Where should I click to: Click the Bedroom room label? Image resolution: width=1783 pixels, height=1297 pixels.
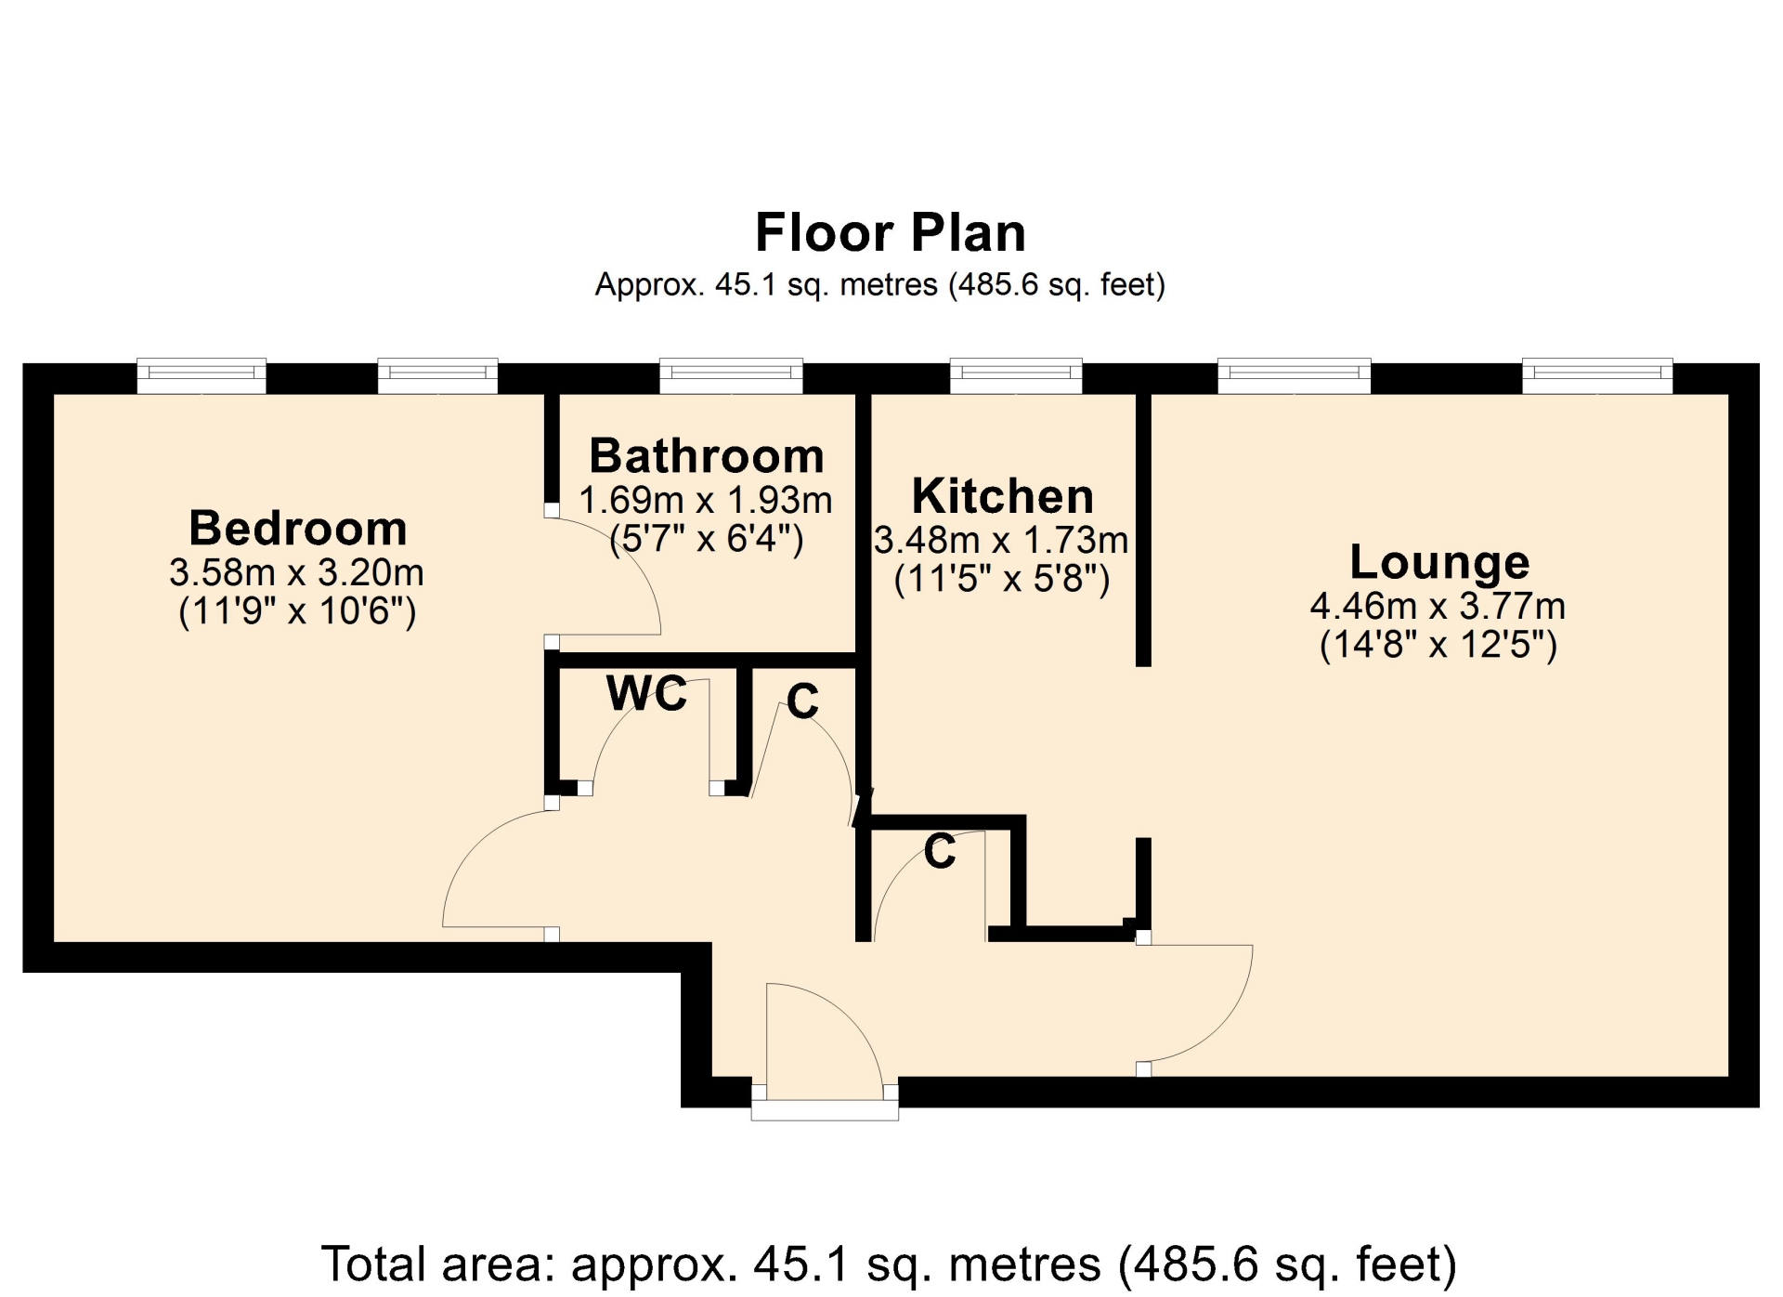click(x=298, y=528)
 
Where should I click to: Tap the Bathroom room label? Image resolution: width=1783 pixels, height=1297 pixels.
click(x=707, y=455)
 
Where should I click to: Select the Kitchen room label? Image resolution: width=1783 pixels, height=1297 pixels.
click(x=1003, y=495)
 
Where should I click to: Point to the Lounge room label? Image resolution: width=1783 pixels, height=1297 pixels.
click(x=1439, y=562)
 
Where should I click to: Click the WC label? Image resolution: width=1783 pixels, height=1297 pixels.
click(x=647, y=693)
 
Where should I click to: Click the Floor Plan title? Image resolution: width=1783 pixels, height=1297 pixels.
click(x=891, y=232)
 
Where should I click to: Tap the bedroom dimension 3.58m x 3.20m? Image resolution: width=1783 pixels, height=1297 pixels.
click(x=296, y=572)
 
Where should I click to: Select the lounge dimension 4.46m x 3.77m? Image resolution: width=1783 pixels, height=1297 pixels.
click(x=1438, y=606)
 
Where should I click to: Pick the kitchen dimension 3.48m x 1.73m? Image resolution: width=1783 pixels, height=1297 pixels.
click(x=1001, y=540)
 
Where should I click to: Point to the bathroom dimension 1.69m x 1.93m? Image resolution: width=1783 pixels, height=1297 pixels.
click(x=706, y=500)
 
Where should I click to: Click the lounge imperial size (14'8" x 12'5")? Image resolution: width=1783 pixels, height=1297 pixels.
click(x=1438, y=644)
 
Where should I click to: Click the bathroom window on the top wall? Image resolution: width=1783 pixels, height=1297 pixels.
click(x=731, y=375)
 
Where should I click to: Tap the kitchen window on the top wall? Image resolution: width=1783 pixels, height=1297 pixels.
click(x=1016, y=375)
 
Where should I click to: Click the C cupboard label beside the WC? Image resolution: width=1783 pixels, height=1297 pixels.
click(x=803, y=701)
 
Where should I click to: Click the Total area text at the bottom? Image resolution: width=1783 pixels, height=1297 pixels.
click(x=889, y=1264)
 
